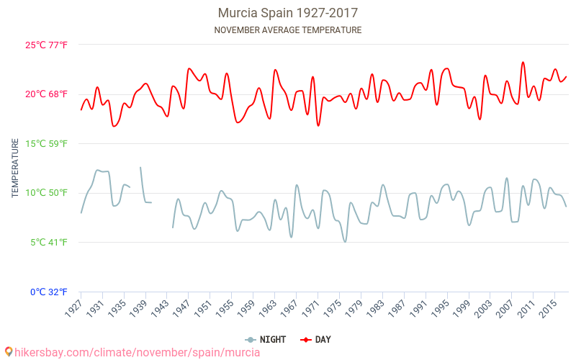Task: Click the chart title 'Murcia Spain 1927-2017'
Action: coord(288,13)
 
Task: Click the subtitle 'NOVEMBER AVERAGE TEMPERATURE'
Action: coord(288,30)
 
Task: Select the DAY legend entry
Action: coord(316,339)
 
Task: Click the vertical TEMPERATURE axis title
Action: coord(15,168)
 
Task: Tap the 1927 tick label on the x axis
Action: coord(74,308)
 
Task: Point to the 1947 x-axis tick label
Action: coord(182,308)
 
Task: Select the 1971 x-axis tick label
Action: coord(311,308)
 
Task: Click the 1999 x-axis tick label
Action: coord(462,308)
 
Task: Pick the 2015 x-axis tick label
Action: coord(548,308)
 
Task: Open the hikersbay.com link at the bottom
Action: coord(137,353)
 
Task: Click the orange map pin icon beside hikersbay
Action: coord(8,352)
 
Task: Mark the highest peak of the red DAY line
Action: coord(523,63)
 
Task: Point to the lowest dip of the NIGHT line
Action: coord(345,241)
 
